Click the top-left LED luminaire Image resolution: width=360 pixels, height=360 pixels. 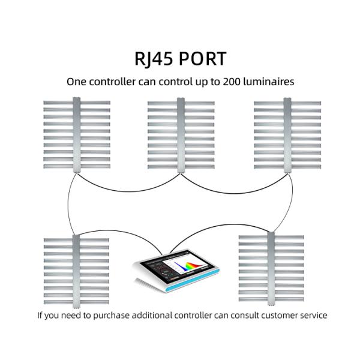coord(76,134)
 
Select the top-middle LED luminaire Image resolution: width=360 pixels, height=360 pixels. coord(181,134)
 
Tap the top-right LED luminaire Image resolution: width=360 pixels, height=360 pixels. coord(287,134)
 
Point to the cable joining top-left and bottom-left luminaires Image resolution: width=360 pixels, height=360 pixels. coord(68,204)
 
